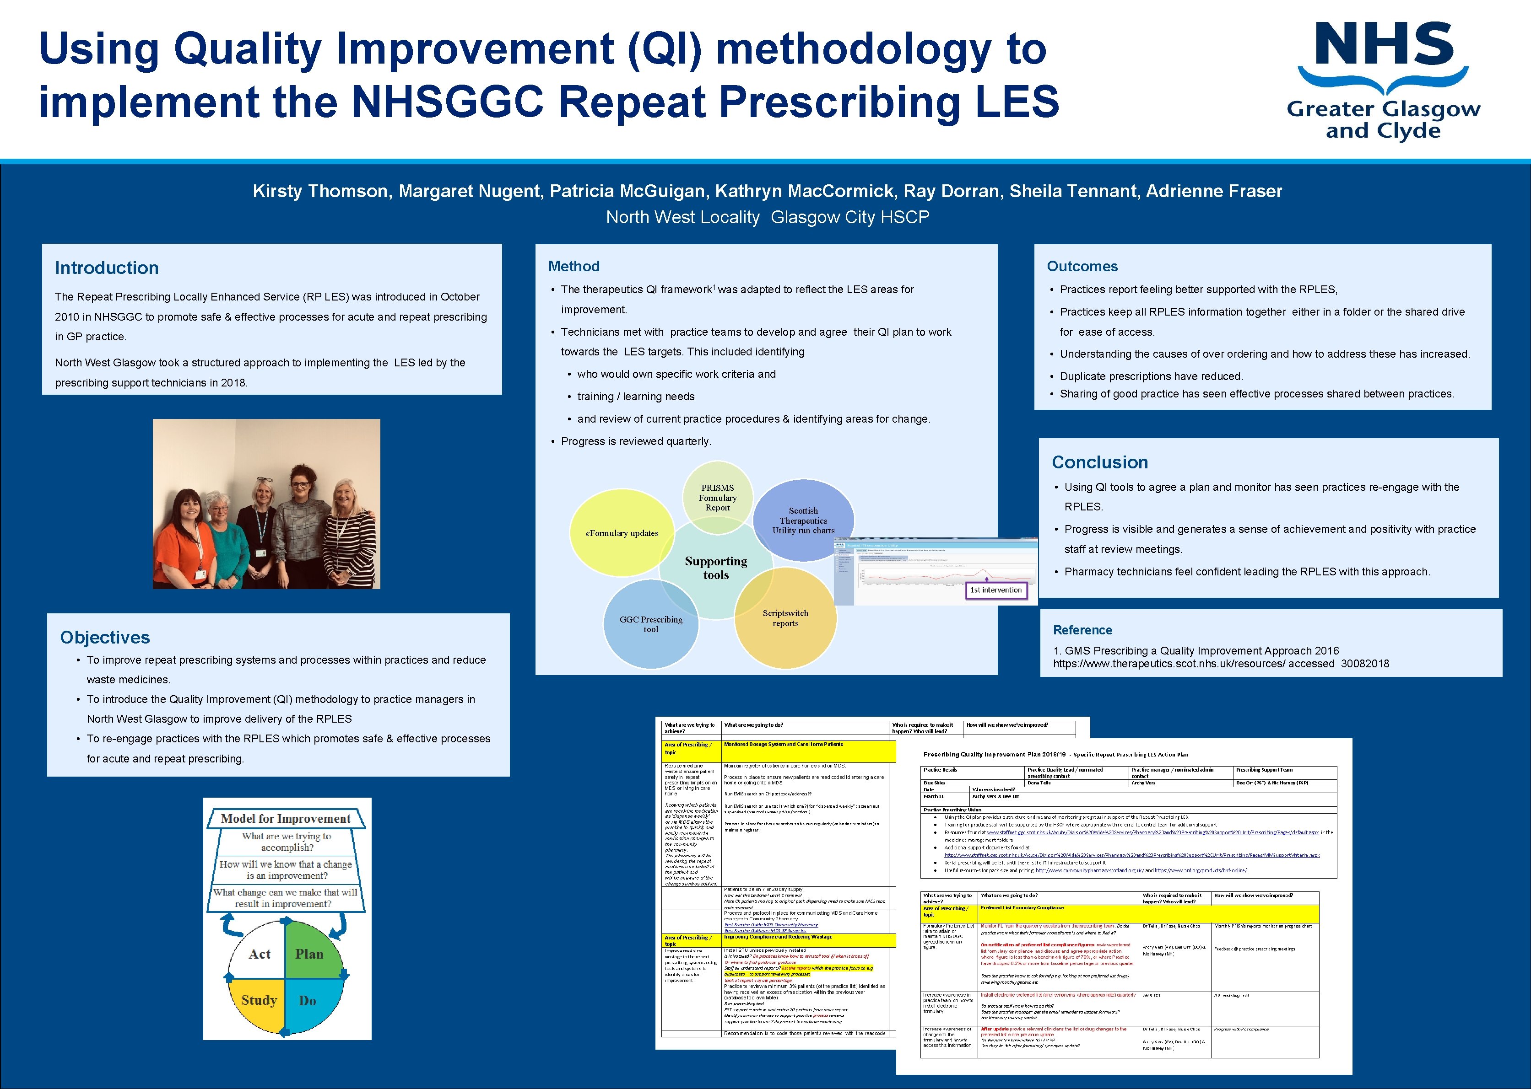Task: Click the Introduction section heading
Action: [x=107, y=268]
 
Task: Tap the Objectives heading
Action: [x=105, y=637]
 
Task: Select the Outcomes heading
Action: [x=1082, y=266]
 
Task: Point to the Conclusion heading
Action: [x=1099, y=462]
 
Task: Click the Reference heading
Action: [x=1082, y=630]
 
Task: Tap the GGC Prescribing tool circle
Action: [x=650, y=624]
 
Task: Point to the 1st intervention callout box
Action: [x=995, y=590]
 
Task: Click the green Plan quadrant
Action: [x=309, y=954]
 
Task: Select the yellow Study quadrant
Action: [x=259, y=1000]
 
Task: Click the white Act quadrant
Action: [x=260, y=954]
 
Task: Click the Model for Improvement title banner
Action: [x=286, y=819]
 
